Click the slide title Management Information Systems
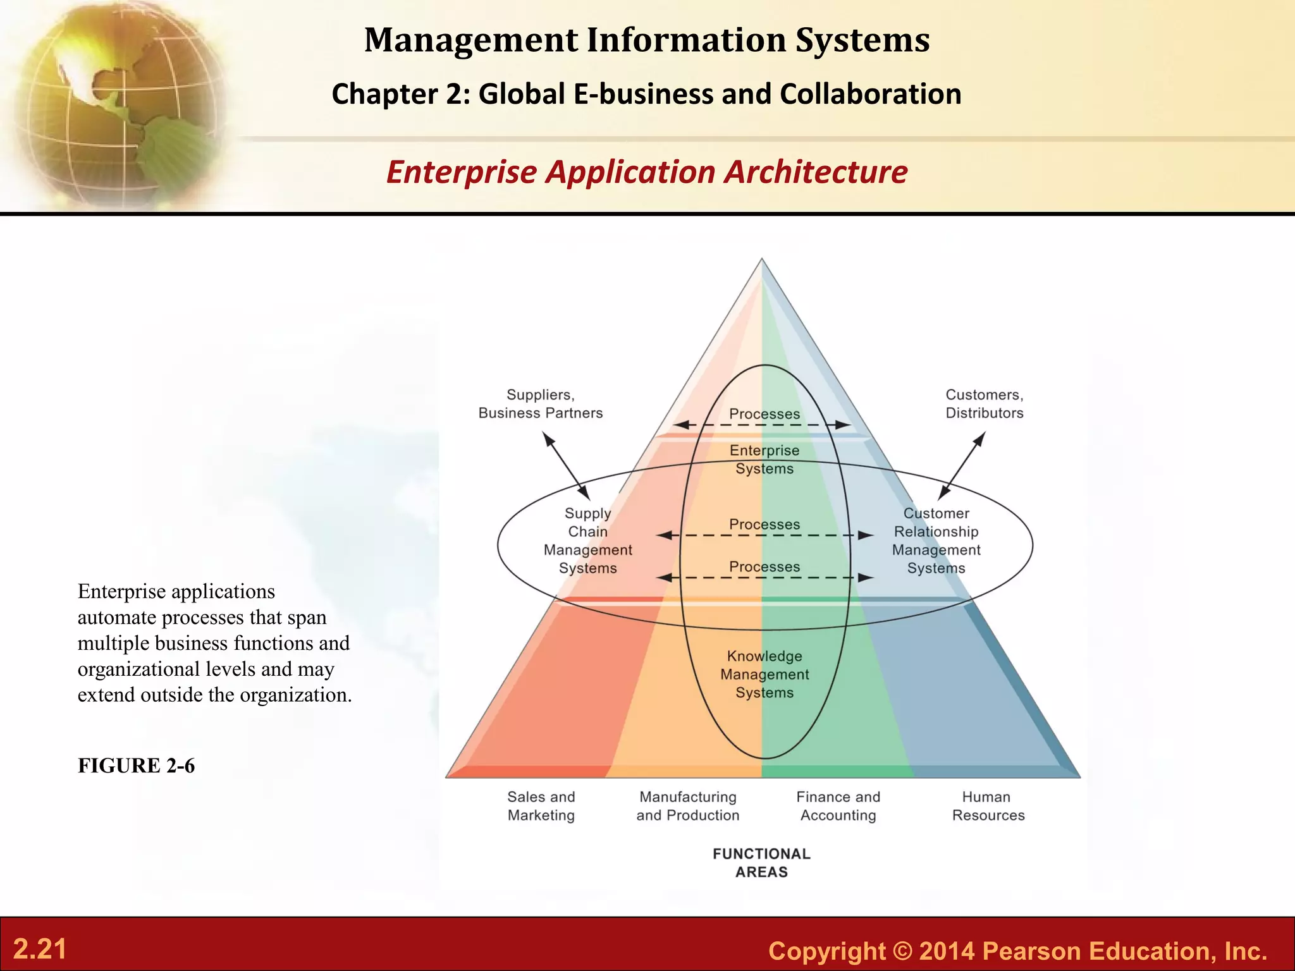point(647,40)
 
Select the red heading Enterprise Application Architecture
point(647,172)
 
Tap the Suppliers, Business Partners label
point(541,404)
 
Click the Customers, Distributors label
point(985,404)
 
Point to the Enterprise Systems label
point(764,460)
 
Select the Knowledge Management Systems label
point(764,675)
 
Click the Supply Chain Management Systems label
point(588,540)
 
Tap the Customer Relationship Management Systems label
point(936,540)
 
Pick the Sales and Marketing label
point(541,806)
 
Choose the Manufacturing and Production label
point(688,806)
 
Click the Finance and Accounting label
point(838,806)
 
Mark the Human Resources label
point(988,806)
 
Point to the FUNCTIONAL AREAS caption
point(762,863)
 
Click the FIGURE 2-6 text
point(137,766)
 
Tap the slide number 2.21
point(40,950)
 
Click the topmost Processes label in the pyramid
point(764,414)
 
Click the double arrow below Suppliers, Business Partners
point(567,466)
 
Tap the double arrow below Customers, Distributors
point(962,466)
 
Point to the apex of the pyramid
point(762,260)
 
